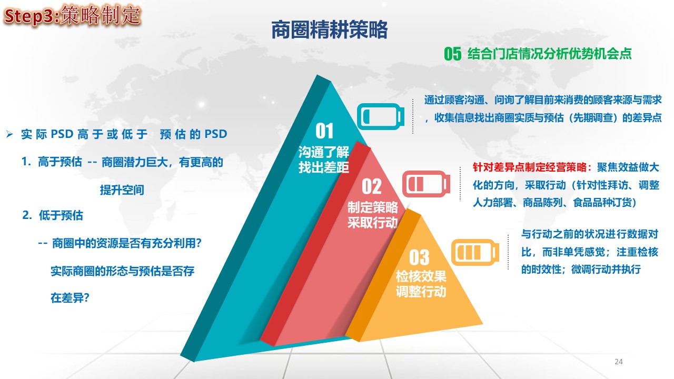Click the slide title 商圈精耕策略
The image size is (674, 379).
click(329, 30)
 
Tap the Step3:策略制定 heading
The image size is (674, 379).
click(72, 15)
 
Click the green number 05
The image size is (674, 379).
click(452, 54)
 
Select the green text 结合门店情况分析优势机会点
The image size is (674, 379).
click(549, 54)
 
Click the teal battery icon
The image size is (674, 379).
click(381, 116)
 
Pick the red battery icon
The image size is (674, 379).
click(426, 184)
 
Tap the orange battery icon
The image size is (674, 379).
click(475, 252)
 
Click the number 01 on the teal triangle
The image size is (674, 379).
click(324, 131)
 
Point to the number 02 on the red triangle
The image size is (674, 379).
click(372, 186)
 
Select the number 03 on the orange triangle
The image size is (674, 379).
click(419, 257)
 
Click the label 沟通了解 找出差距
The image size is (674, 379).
click(324, 159)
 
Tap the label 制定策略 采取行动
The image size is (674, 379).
click(372, 215)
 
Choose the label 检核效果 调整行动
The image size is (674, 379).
click(421, 284)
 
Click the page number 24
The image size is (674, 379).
click(619, 362)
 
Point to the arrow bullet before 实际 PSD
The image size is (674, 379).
click(9, 134)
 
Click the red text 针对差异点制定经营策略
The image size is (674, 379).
click(529, 167)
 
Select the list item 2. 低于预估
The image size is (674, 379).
click(53, 215)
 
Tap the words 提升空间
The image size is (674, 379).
click(122, 190)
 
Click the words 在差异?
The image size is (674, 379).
click(70, 298)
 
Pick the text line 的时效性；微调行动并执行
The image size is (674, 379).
click(581, 269)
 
